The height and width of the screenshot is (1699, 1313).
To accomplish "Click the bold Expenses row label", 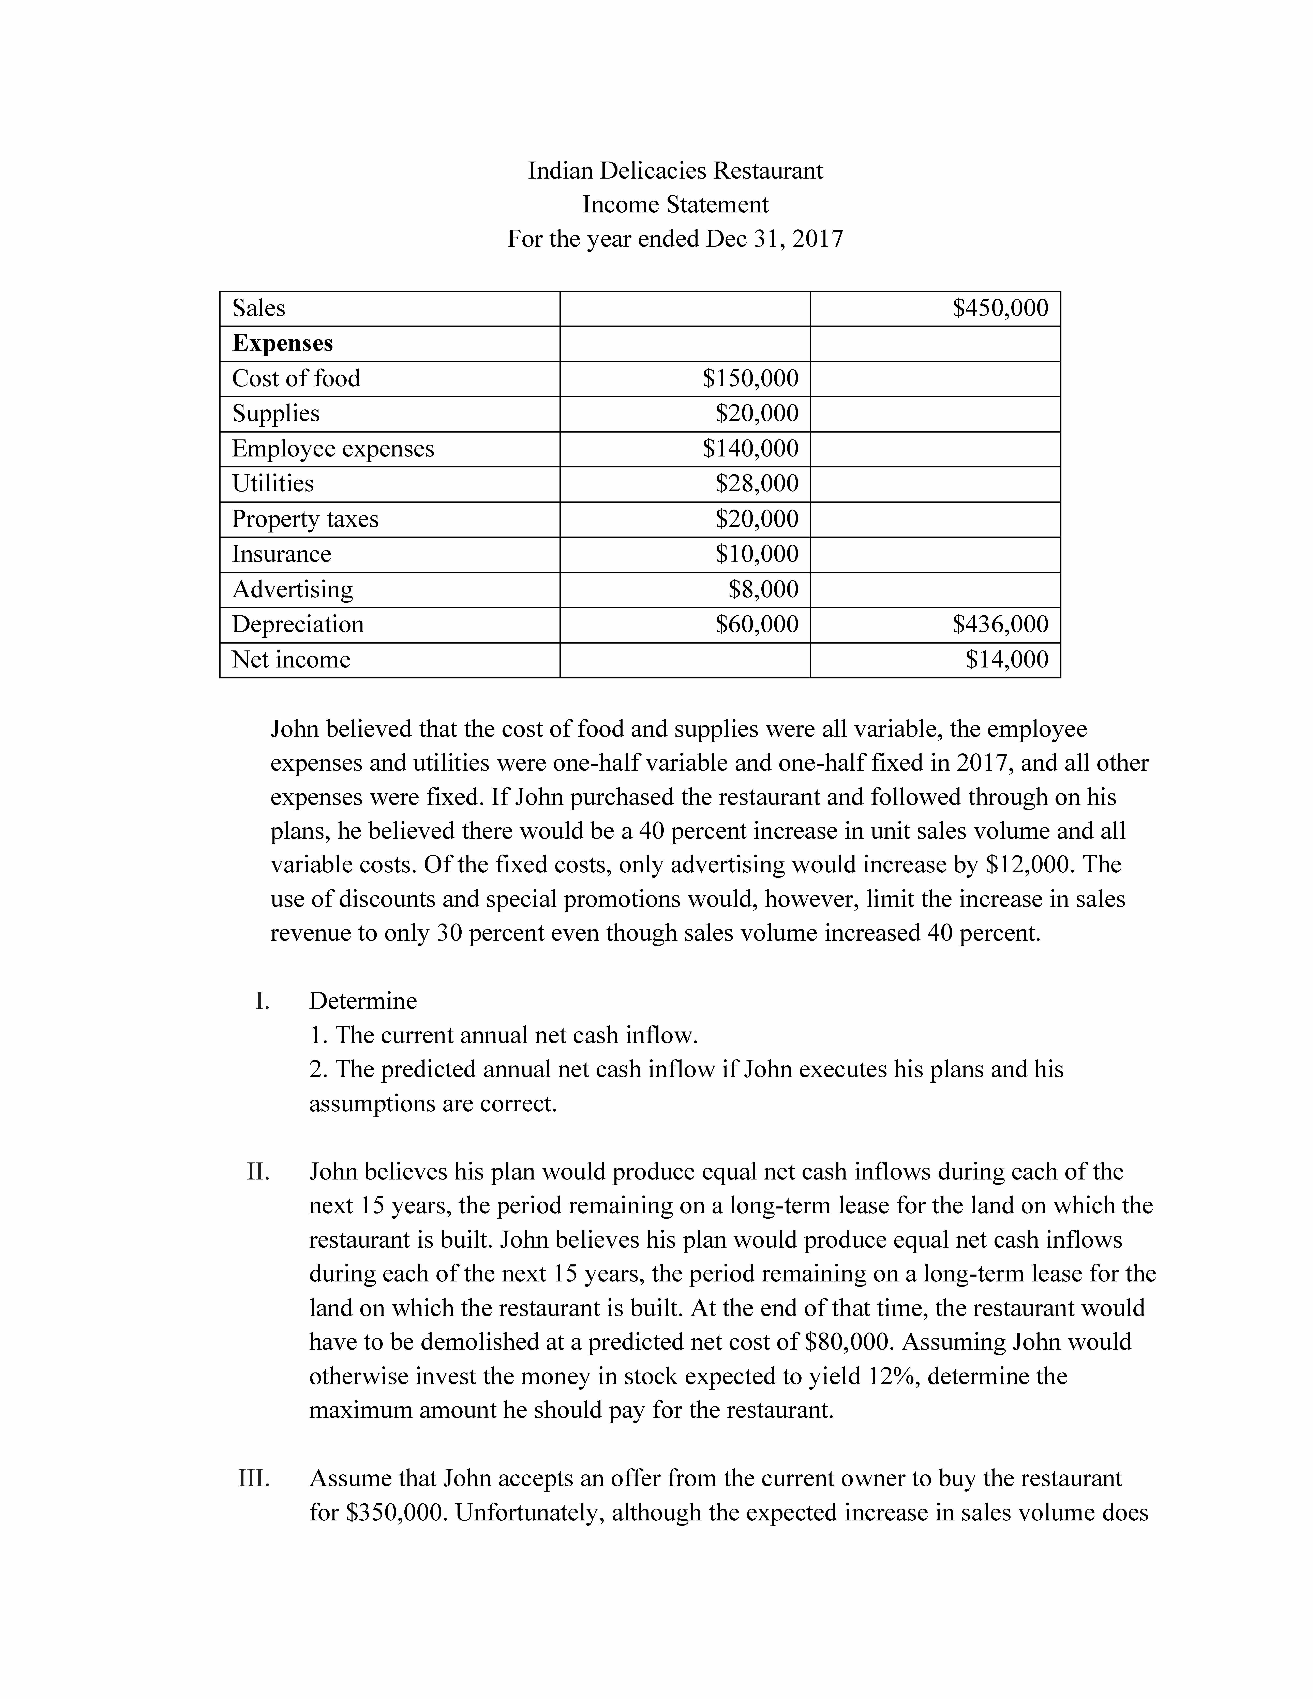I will point(282,343).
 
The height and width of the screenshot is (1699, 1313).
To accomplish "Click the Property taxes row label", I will point(305,519).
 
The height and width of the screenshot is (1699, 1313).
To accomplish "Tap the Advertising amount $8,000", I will point(763,589).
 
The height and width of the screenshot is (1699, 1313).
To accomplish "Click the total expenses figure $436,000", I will point(1000,624).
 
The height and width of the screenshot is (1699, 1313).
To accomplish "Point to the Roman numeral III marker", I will point(254,1479).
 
